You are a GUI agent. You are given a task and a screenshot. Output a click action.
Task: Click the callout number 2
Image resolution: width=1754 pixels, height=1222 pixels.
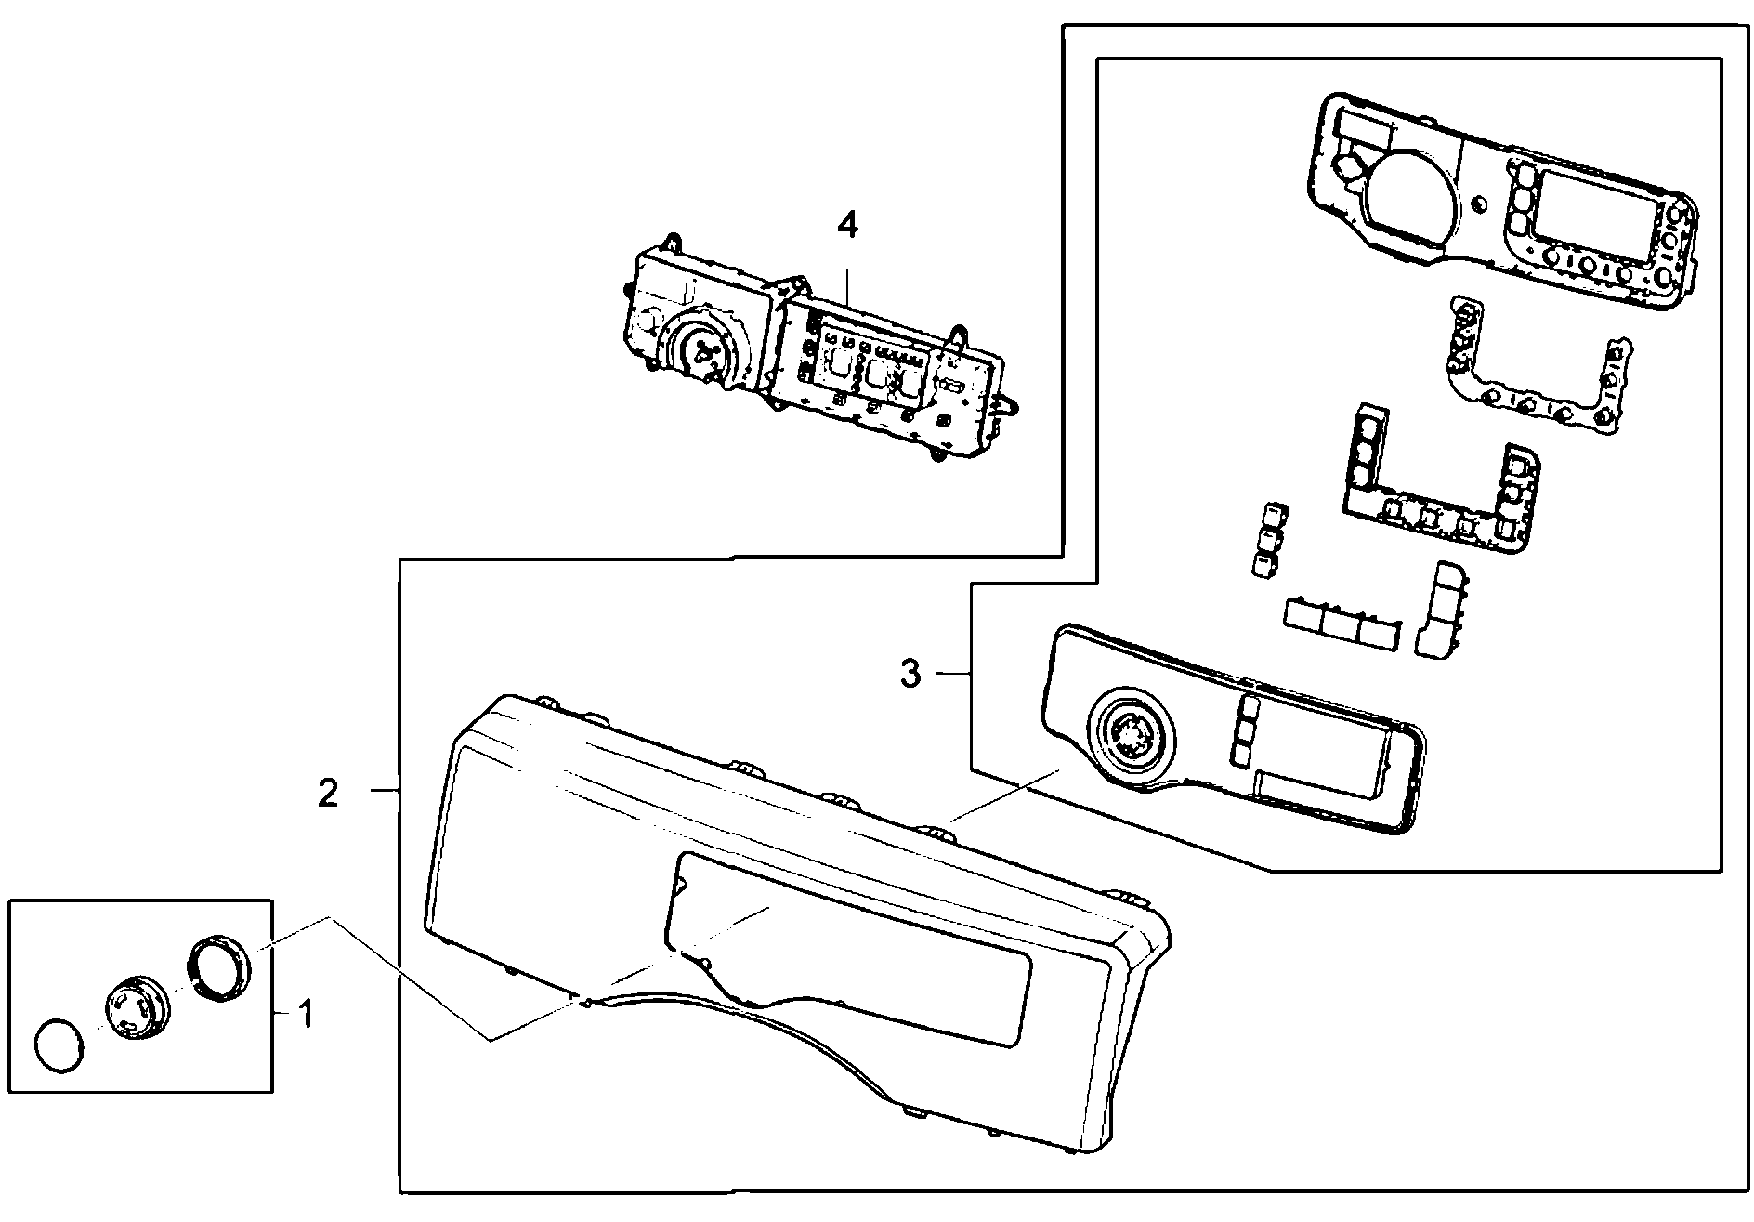[x=328, y=793]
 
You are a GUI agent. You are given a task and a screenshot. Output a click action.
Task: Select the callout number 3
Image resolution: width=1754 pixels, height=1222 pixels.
[x=910, y=673]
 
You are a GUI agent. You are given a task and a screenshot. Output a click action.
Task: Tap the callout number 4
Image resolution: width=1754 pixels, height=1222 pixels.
[x=847, y=226]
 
